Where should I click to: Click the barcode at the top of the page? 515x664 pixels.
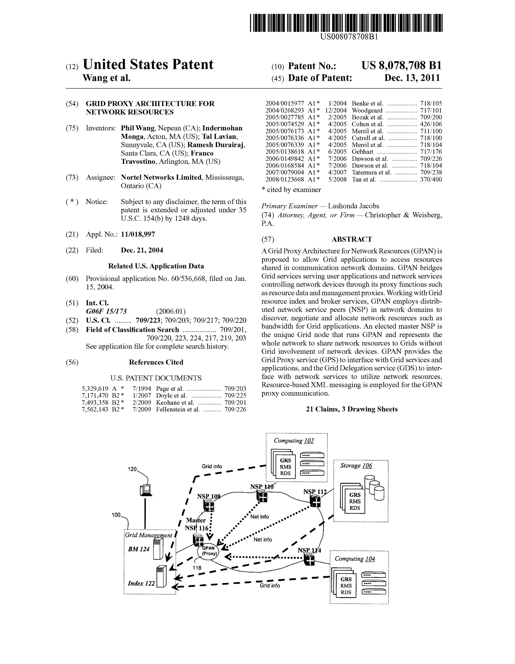(x=346, y=23)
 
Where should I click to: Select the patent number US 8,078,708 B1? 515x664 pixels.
(x=401, y=65)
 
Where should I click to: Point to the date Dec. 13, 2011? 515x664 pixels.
(x=412, y=78)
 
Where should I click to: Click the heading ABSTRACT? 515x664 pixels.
(x=352, y=239)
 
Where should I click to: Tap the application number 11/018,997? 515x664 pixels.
(x=138, y=234)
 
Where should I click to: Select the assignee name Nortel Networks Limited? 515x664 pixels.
(x=161, y=177)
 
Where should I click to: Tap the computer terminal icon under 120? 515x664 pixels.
(x=145, y=490)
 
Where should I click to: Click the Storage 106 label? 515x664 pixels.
(x=356, y=466)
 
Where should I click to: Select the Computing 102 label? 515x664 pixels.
(x=293, y=441)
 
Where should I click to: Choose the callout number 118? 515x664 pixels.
(x=197, y=567)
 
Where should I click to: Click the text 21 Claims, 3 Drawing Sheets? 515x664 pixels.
(x=352, y=409)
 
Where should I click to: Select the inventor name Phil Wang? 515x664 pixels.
(x=137, y=128)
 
